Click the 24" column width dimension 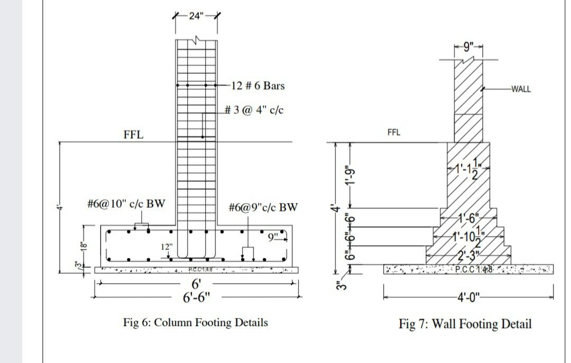coord(196,15)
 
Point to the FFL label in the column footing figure coord(133,135)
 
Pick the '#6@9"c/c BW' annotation coord(263,207)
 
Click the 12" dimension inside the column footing coord(167,247)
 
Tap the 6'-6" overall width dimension coord(196,297)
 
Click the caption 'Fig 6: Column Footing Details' coord(195,322)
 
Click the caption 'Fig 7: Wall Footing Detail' coord(465,323)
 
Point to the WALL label coord(520,89)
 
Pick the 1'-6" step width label coord(468,216)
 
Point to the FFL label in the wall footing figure coord(394,132)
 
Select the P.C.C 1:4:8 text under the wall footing coord(474,270)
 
